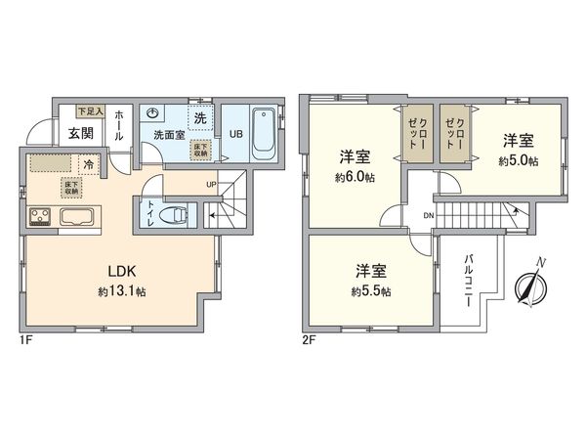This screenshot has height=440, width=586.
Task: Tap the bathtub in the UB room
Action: pyautogui.click(x=265, y=134)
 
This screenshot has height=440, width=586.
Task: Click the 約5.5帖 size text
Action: pyautogui.click(x=370, y=291)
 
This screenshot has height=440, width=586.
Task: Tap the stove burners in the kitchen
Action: pyautogui.click(x=42, y=215)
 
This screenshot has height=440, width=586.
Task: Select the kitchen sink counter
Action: pyautogui.click(x=78, y=215)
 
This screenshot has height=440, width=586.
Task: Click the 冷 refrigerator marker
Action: pyautogui.click(x=89, y=164)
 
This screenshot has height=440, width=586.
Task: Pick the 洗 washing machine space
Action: pyautogui.click(x=198, y=117)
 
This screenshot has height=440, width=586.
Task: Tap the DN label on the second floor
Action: pyautogui.click(x=428, y=216)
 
